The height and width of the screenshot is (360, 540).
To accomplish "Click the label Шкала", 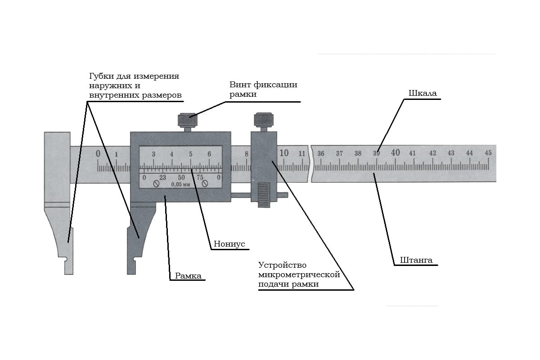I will click(423, 94).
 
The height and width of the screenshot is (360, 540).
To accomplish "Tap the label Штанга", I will click(416, 260).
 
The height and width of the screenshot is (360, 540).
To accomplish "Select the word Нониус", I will click(229, 243).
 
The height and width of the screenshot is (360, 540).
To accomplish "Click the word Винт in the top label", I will click(239, 85).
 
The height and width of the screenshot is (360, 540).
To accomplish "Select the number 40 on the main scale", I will click(395, 153).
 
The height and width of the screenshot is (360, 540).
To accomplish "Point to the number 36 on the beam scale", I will click(321, 153).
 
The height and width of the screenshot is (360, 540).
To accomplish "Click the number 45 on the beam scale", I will click(488, 153).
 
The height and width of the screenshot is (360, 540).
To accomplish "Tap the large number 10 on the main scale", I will click(284, 153).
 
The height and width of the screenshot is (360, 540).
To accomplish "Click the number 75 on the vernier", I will click(200, 177).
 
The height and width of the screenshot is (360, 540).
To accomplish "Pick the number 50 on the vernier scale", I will click(181, 177).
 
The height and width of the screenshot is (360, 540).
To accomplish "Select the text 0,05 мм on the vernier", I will click(180, 184).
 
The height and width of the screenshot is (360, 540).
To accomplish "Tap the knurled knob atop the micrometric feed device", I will click(263, 120).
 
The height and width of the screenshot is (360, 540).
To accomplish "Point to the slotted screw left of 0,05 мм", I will click(156, 184).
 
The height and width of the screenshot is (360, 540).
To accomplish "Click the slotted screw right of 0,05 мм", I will click(205, 184).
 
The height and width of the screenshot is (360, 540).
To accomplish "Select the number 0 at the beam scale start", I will click(98, 154).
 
